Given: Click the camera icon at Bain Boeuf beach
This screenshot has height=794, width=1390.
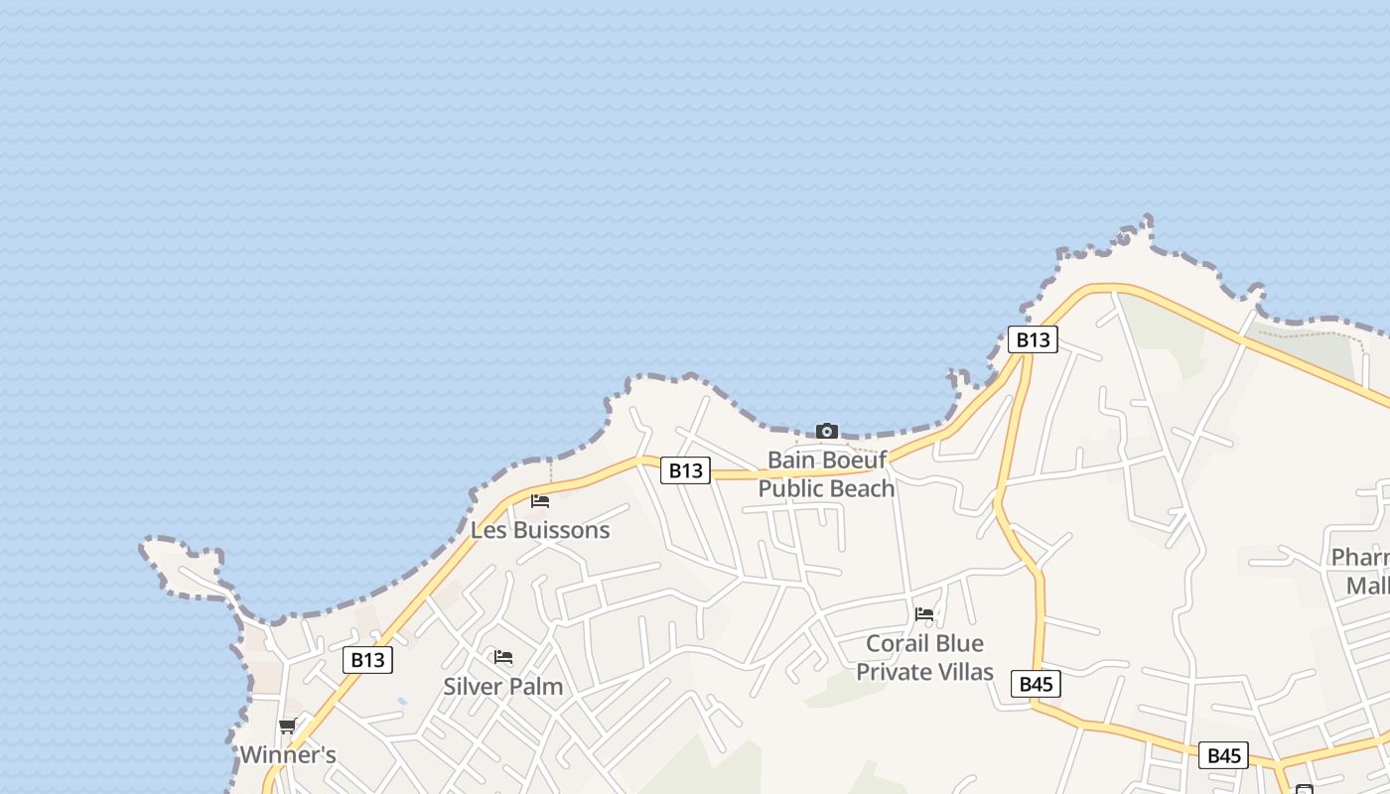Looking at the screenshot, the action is click(826, 431).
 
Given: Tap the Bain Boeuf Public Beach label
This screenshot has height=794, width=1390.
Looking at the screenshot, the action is click(826, 474).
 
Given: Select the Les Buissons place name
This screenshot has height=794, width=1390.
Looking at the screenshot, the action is click(540, 530).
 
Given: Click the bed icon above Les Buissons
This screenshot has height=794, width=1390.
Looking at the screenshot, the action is click(540, 501).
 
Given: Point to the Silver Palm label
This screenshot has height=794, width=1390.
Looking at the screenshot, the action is click(502, 686).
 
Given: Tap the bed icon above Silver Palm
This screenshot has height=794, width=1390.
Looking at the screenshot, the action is click(503, 657).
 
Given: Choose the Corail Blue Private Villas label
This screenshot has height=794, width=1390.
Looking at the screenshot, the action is click(924, 657).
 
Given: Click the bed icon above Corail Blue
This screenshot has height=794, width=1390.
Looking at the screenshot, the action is click(924, 614).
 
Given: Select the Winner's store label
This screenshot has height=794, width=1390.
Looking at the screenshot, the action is click(288, 755).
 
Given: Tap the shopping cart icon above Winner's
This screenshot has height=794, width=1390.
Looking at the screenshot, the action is click(288, 727).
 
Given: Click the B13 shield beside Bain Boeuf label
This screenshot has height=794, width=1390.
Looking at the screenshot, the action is click(685, 470).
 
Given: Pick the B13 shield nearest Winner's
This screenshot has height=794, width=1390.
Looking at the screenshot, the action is click(367, 660).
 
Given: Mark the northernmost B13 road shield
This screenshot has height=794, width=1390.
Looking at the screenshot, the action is click(1033, 339).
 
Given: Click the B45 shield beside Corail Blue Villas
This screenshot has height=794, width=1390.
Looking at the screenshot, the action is click(1036, 684).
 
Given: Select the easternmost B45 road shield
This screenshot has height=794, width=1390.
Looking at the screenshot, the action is click(1223, 755).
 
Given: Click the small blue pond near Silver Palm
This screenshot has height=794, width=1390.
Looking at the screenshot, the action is click(401, 702).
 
